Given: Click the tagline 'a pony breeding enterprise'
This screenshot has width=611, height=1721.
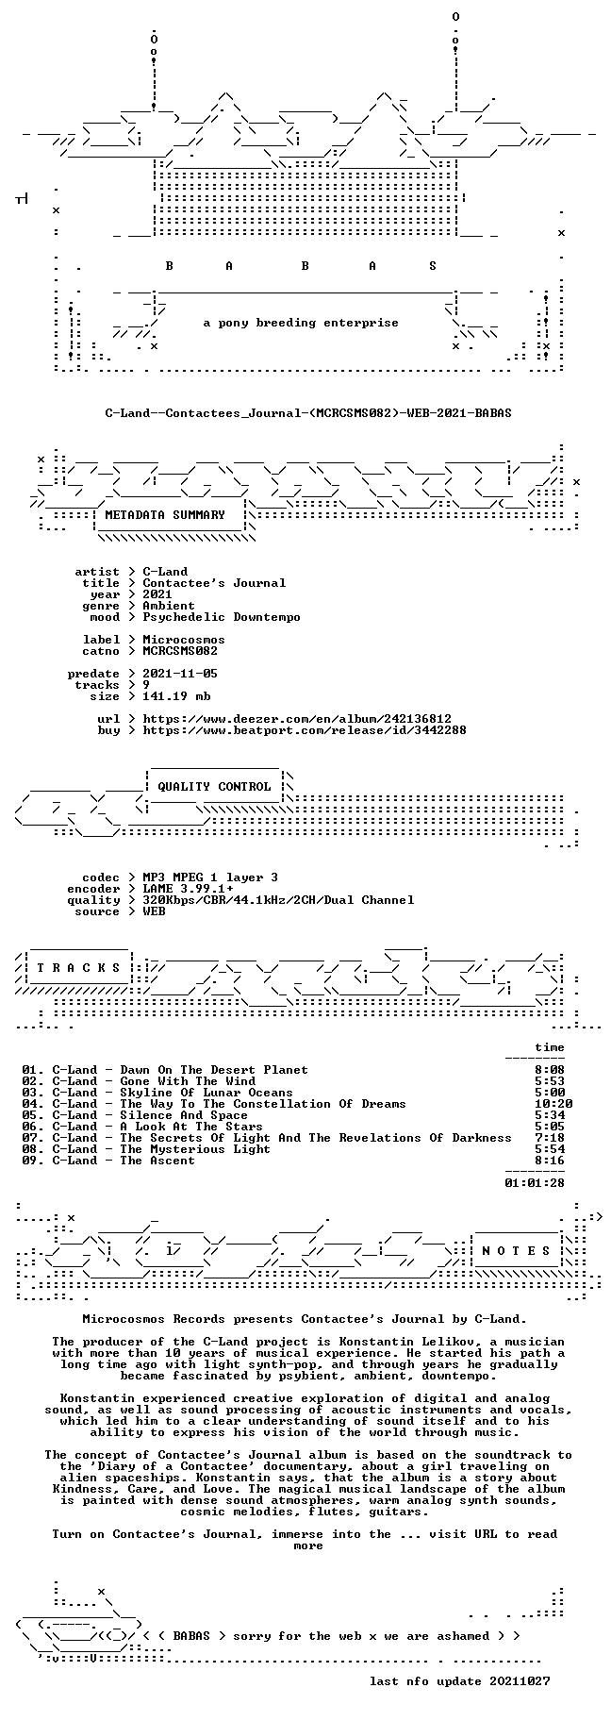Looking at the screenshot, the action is (301, 323).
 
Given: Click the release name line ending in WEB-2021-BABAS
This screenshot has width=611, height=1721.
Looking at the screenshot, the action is (308, 413).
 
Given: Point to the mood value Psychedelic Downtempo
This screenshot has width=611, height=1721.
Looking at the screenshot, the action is (222, 617).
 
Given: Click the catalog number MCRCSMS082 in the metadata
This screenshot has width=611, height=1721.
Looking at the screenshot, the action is (180, 651).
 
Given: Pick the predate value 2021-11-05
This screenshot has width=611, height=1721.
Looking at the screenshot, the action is (180, 674).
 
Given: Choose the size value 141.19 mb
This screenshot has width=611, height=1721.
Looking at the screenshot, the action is (176, 696).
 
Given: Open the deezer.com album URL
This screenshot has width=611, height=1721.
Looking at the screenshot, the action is (297, 719).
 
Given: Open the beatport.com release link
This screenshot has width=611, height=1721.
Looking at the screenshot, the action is (305, 730).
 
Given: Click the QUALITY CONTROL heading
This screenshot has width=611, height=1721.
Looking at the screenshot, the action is (214, 787).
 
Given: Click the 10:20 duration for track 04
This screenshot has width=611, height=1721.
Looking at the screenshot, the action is (553, 1104).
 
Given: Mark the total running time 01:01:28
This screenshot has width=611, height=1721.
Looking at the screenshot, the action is (535, 1183).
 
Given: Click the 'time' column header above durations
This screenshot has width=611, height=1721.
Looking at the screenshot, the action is (550, 1047).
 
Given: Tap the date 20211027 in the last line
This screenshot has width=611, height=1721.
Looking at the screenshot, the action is (520, 1681).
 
